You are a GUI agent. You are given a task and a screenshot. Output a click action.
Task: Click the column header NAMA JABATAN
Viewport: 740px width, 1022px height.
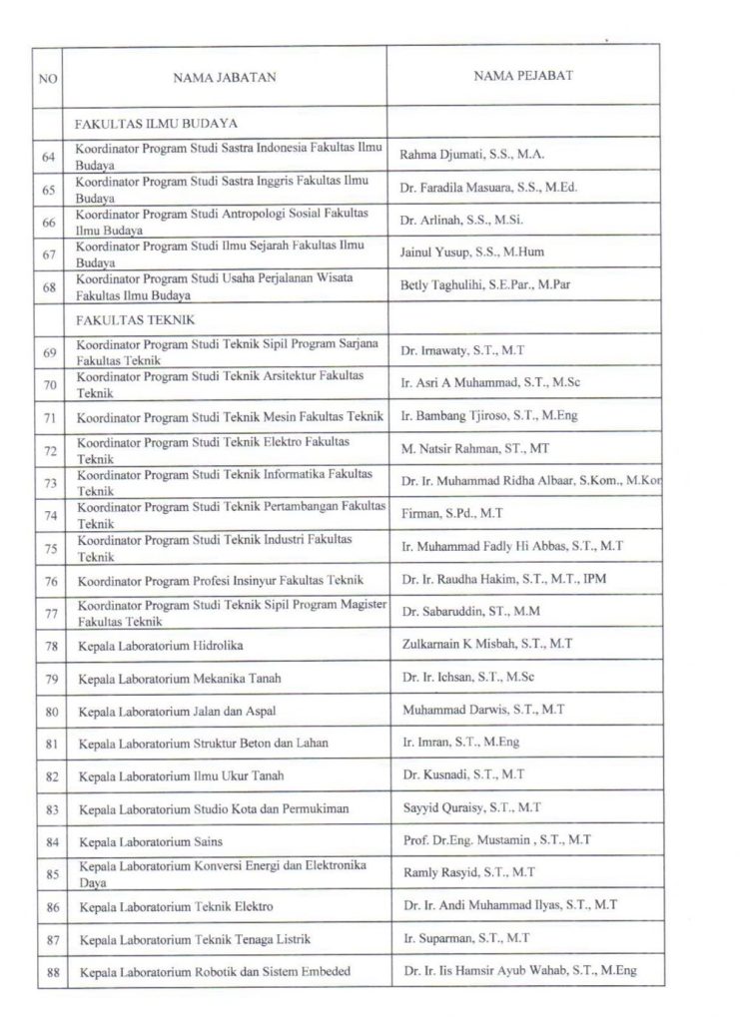(x=225, y=77)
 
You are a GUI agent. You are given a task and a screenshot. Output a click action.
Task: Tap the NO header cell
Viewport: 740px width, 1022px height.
(x=47, y=77)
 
